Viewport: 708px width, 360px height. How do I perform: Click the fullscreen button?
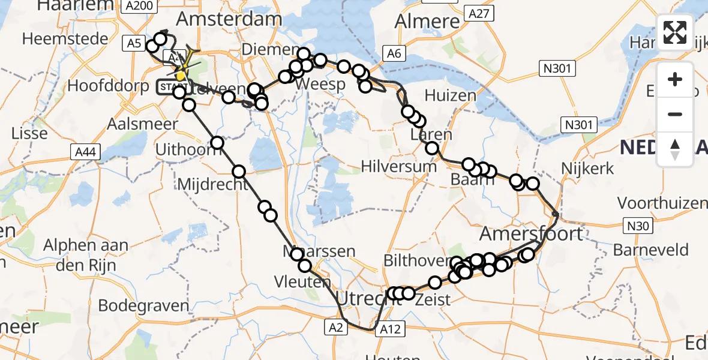coord(675,32)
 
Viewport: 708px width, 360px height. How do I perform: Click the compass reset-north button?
coord(675,149)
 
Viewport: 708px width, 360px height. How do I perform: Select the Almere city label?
coord(427,22)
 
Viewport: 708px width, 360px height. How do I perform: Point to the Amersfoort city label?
coord(532,233)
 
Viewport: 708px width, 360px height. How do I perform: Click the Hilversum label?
coord(400,166)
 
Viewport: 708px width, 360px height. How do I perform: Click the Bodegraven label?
coord(143,305)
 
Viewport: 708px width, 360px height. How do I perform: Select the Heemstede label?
coord(65,39)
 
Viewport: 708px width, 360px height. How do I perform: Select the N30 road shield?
coord(639,226)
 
